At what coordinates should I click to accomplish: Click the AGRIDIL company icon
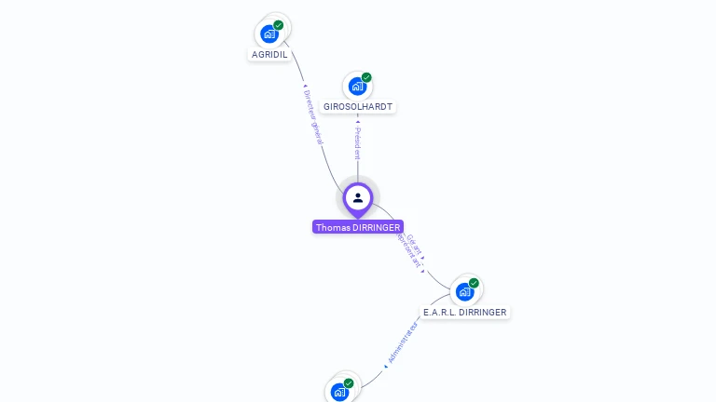(269, 34)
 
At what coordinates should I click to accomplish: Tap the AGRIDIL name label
(269, 55)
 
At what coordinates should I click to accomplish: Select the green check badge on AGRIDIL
(279, 25)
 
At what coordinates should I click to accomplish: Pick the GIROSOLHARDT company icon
(357, 87)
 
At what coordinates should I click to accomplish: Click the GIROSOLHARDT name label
(358, 107)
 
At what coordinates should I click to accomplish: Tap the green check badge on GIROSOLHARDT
(366, 77)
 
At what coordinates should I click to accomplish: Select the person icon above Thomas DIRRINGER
(358, 197)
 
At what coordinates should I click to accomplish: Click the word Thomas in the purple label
(332, 227)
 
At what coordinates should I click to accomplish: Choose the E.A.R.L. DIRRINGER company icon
(464, 291)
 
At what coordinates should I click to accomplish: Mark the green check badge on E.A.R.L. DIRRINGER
(474, 283)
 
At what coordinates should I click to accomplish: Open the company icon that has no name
(339, 392)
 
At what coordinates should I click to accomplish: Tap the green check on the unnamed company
(349, 383)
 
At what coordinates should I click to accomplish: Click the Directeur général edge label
(313, 115)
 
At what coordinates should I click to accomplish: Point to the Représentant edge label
(407, 251)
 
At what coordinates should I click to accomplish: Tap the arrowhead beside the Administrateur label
(385, 367)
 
